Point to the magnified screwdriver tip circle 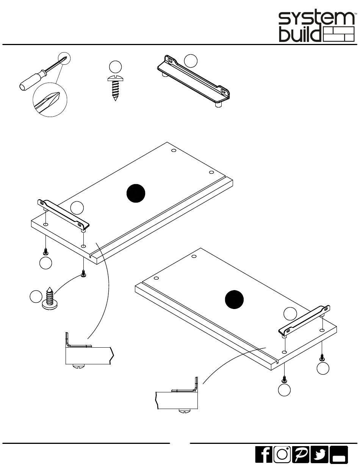coord(50,100)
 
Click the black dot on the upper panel coord(136,193)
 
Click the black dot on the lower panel coord(234,300)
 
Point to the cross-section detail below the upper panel coord(89,350)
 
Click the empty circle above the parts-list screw coord(115,67)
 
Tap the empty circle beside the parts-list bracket coord(191,61)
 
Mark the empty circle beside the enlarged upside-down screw coord(36,297)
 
